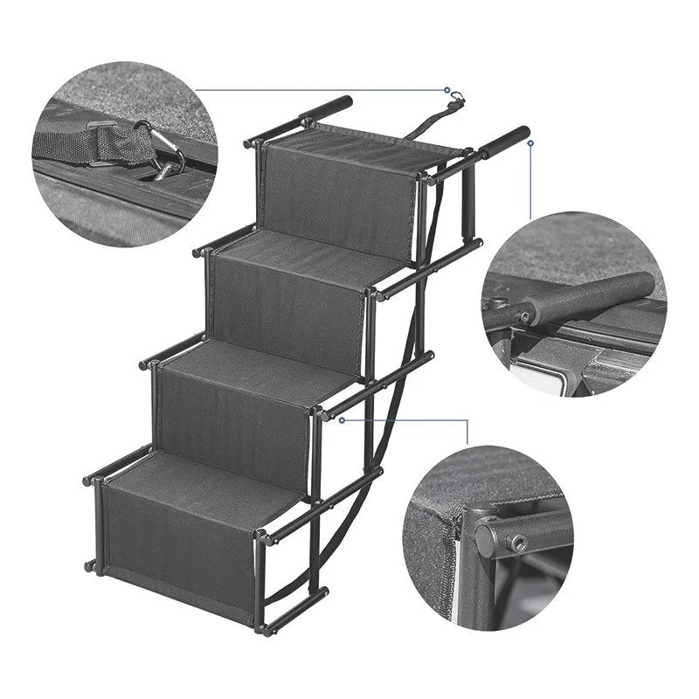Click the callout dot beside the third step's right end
click(x=343, y=419)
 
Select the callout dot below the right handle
click(x=529, y=144)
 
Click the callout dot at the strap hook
click(x=447, y=90)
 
